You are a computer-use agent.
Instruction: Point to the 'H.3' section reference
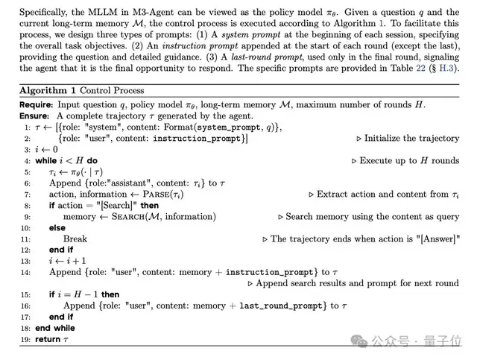click(445, 69)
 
